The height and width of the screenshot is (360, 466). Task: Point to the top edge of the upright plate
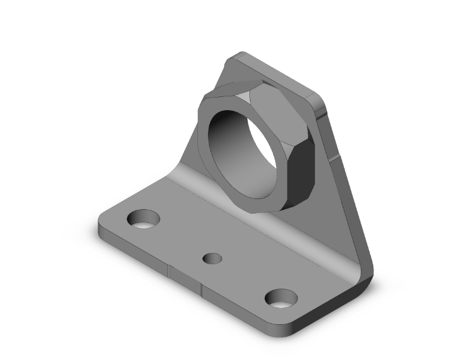click(276, 72)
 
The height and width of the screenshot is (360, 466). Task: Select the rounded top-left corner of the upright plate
click(233, 58)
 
